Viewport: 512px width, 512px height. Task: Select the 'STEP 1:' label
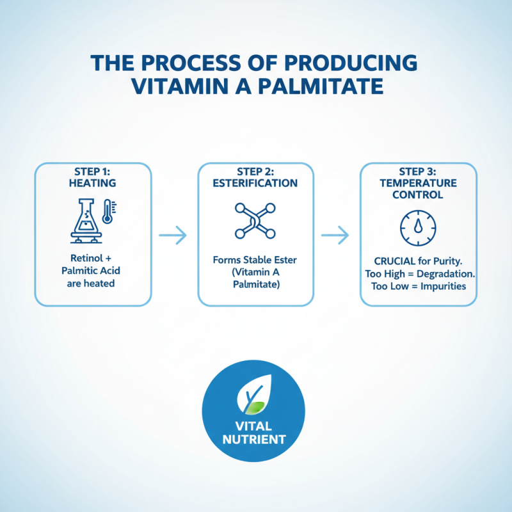(x=93, y=172)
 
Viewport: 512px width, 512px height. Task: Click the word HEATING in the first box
(x=93, y=183)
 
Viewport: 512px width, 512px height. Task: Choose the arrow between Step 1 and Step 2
(x=175, y=236)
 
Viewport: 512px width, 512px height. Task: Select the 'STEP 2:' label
(x=256, y=172)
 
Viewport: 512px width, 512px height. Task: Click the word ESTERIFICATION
(x=256, y=183)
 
